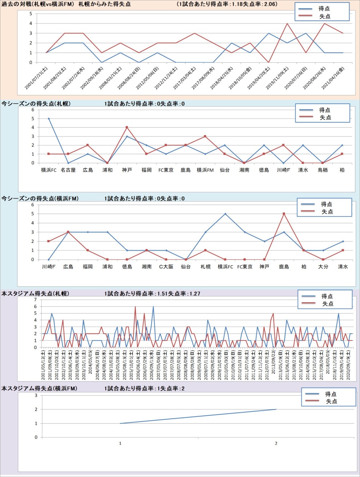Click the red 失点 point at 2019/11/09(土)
pyautogui.click(x=287, y=24)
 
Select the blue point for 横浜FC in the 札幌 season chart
pyautogui.click(x=49, y=119)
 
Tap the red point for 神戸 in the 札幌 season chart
pyautogui.click(x=127, y=127)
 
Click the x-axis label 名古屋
pyautogui.click(x=68, y=170)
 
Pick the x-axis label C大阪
pyautogui.click(x=166, y=267)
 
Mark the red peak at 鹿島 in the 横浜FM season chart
pyautogui.click(x=284, y=214)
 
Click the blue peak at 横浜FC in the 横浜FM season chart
pyautogui.click(x=225, y=214)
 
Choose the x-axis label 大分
pyautogui.click(x=323, y=267)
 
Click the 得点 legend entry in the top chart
pyautogui.click(x=324, y=9)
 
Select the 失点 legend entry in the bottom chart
pyautogui.click(x=331, y=401)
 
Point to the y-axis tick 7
pyautogui.click(x=35, y=300)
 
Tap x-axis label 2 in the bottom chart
pyautogui.click(x=276, y=444)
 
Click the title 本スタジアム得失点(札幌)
pyautogui.click(x=35, y=294)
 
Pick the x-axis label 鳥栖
pyautogui.click(x=323, y=170)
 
